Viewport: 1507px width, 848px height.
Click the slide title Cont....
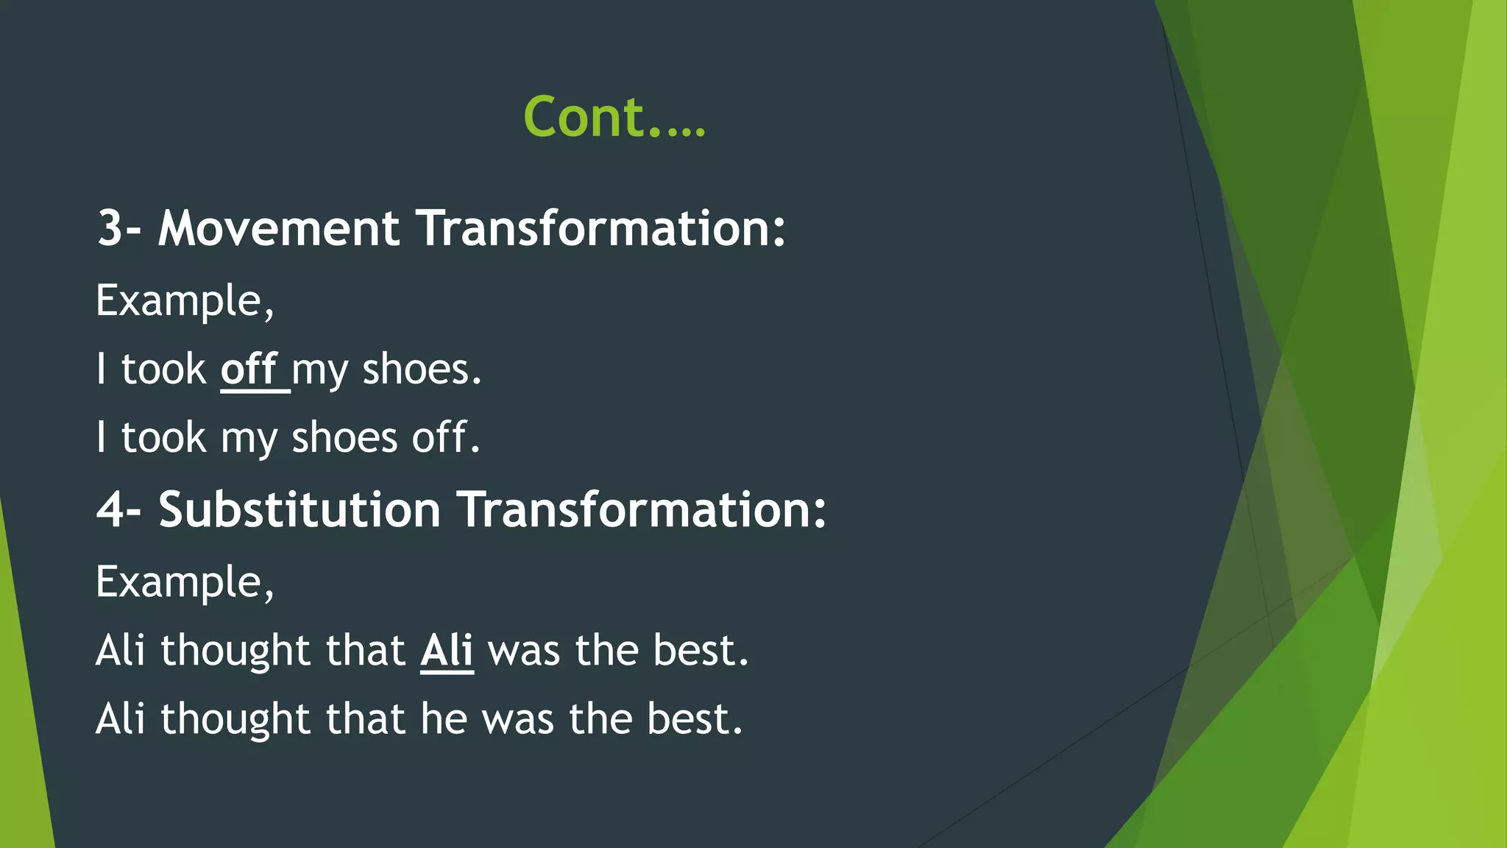click(x=614, y=118)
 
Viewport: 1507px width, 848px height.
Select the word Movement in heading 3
click(x=279, y=228)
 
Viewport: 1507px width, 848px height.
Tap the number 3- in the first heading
click(x=118, y=228)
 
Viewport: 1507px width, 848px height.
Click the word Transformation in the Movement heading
click(x=602, y=228)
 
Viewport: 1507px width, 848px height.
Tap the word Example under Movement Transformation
click(x=184, y=301)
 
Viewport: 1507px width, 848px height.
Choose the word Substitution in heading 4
click(x=299, y=509)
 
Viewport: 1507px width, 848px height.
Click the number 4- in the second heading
click(x=118, y=509)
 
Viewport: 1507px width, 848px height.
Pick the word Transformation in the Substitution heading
click(x=642, y=509)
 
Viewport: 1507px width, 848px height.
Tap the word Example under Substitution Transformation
click(x=184, y=582)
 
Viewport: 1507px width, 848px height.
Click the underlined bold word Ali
click(x=447, y=651)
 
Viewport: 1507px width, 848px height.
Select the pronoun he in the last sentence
click(x=444, y=719)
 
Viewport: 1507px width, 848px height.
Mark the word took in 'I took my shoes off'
click(x=163, y=437)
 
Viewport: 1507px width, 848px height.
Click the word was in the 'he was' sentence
click(x=517, y=719)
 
